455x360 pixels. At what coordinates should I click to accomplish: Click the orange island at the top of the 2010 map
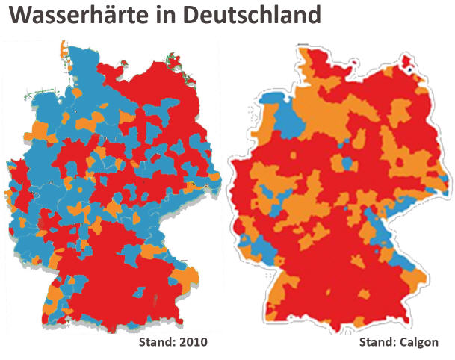click(x=62, y=50)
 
